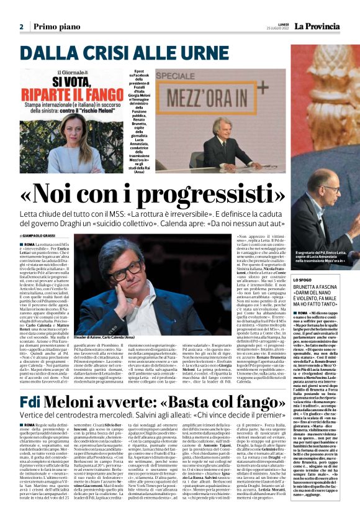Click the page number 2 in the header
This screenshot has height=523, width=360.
21,27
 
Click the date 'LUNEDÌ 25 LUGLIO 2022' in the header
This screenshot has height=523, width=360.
274,27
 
